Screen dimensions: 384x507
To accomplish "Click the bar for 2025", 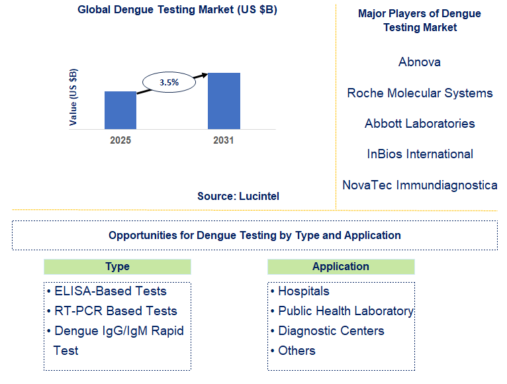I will (x=120, y=110).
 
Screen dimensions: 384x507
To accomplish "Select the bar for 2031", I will (x=224, y=101).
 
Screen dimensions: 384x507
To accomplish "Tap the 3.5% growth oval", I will (x=169, y=83).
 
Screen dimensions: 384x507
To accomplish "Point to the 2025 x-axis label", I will (x=120, y=140).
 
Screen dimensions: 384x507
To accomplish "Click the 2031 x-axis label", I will (x=223, y=140).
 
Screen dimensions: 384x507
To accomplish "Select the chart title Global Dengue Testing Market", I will (x=177, y=10).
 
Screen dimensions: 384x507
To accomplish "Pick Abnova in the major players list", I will (x=420, y=62).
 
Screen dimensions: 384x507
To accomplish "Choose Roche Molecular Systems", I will (x=420, y=93).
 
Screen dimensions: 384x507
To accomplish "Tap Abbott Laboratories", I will (x=420, y=124).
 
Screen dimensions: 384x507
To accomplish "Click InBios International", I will (x=420, y=154).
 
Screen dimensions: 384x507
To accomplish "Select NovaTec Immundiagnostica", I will (x=420, y=185).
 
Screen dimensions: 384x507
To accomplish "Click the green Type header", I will (x=117, y=267).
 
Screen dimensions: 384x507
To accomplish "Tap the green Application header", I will (x=341, y=267).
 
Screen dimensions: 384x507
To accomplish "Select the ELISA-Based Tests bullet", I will (x=110, y=291).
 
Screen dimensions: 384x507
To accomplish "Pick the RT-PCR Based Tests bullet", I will (x=115, y=311).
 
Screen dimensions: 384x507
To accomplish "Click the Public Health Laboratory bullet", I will (x=345, y=311).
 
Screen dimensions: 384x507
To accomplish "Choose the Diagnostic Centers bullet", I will (x=330, y=331).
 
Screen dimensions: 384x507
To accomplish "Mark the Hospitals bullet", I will (x=303, y=291).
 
